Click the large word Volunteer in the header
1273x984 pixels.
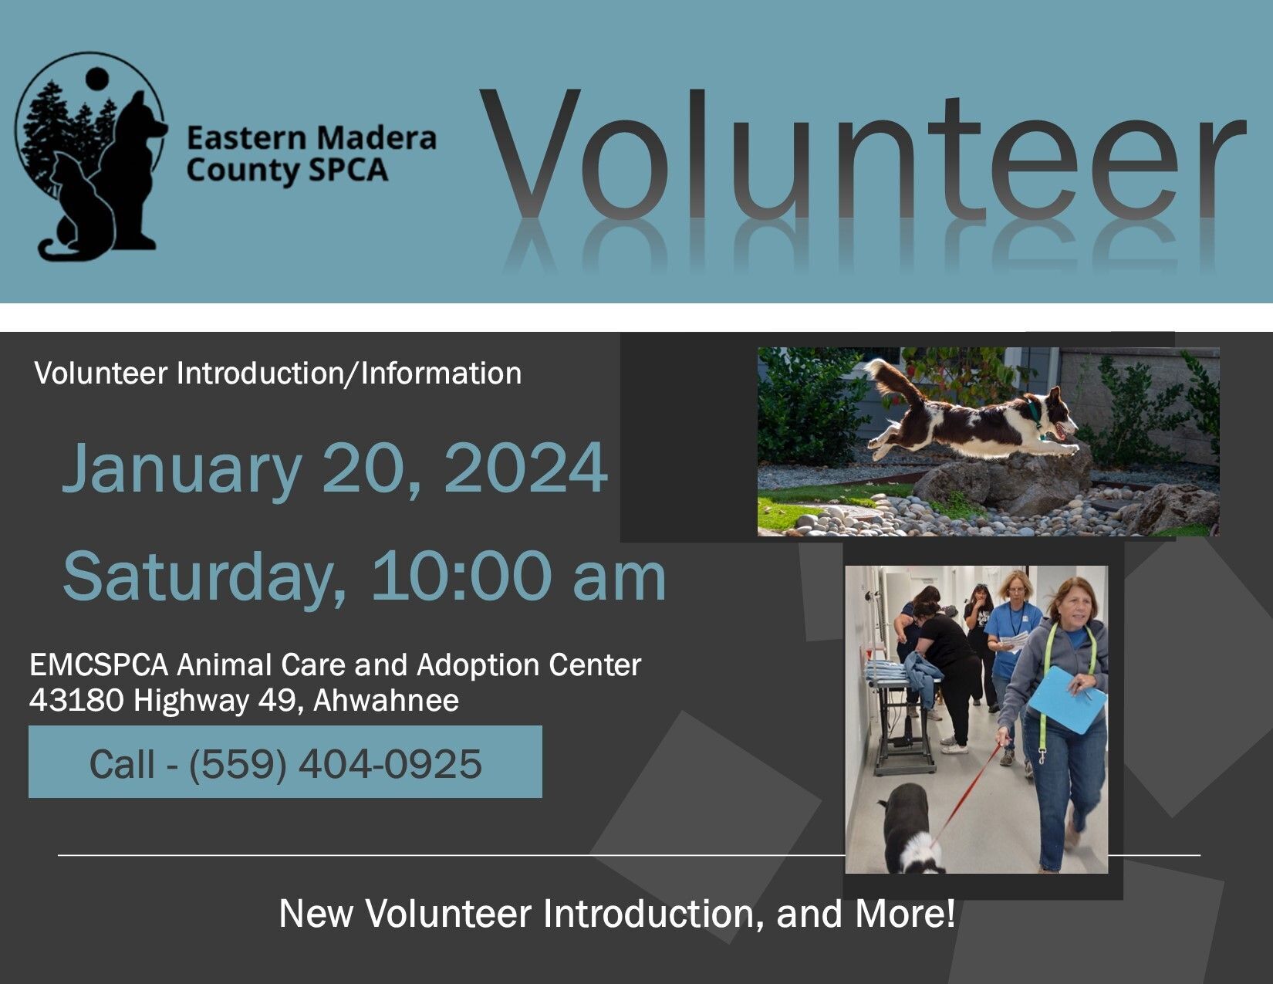coord(862,154)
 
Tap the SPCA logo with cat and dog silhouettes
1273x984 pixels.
coord(91,156)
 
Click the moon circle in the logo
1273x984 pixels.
coord(96,79)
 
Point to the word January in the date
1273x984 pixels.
coord(181,470)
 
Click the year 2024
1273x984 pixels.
coord(525,468)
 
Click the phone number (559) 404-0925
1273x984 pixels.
coord(335,764)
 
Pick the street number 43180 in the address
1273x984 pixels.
coord(76,700)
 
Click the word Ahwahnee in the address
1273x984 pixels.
coord(386,700)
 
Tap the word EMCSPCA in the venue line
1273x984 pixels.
coord(99,665)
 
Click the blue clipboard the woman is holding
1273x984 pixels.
coord(1067,699)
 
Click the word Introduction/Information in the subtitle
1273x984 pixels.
coord(349,374)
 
